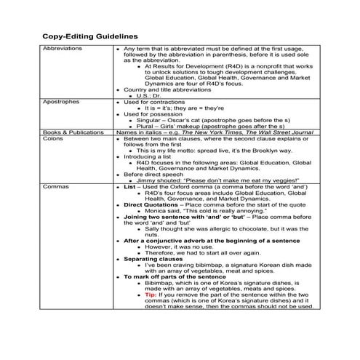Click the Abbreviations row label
point(63,48)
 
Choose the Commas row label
point(55,186)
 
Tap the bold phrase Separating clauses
point(156,258)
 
